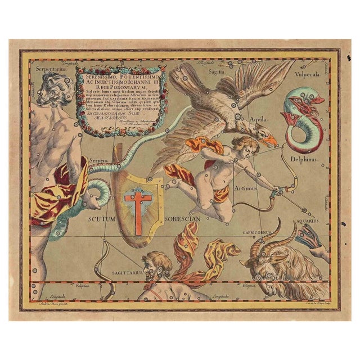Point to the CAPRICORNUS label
(x=258, y=232)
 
